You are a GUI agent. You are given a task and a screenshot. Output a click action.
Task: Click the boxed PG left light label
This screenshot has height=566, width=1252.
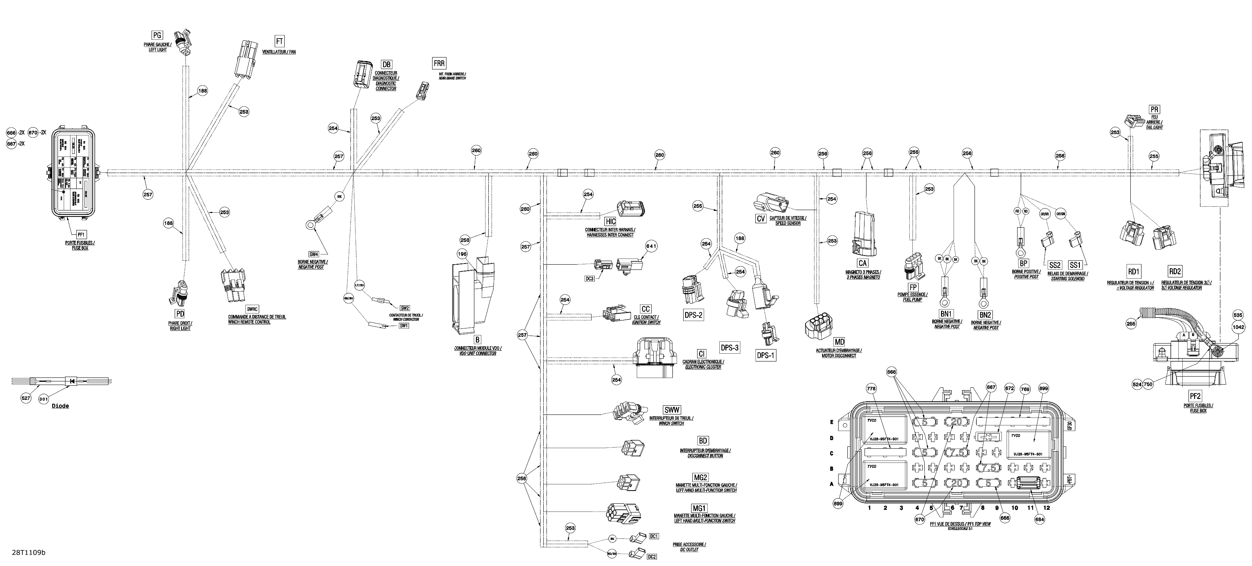(157, 35)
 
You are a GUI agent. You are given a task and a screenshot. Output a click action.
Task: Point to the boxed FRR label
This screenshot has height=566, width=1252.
(439, 63)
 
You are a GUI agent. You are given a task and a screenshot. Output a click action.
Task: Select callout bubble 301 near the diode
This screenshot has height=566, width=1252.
(44, 399)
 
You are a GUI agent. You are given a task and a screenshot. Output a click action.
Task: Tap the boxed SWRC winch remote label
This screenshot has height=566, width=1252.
(252, 309)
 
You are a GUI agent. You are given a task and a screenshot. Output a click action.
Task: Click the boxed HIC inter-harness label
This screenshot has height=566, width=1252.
(610, 222)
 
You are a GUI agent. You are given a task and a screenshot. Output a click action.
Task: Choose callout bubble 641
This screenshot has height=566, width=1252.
(651, 246)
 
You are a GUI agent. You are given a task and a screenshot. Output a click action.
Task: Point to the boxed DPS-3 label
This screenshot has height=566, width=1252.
(730, 347)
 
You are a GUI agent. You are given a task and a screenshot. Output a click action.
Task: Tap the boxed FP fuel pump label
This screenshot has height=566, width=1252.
(913, 288)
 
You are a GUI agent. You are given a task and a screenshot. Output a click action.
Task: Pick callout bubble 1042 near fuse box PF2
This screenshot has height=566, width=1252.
(1238, 327)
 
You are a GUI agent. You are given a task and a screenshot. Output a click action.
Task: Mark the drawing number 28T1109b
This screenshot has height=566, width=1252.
(29, 552)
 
